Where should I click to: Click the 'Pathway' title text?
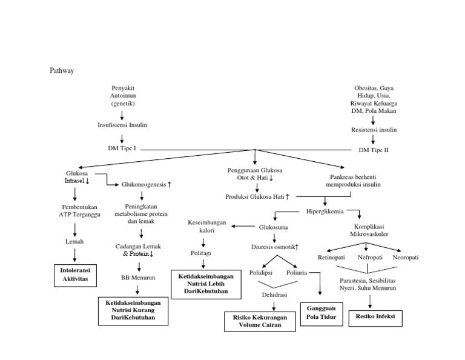point(61,71)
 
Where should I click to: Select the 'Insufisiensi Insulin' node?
point(122,125)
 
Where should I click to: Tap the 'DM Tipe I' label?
point(122,148)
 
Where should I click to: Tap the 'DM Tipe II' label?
point(374,149)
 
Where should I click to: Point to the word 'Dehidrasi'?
point(274,295)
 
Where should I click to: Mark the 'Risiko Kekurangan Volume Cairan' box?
point(261,321)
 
